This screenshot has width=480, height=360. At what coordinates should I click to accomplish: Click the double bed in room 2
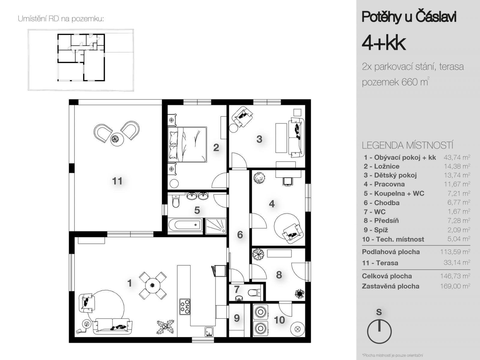[x=187, y=144]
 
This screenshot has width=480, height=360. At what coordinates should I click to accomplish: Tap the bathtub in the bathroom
[x=185, y=224]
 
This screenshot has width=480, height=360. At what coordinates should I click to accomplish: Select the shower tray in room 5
[x=216, y=226]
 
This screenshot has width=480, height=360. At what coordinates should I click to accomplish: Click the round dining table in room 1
[x=153, y=286]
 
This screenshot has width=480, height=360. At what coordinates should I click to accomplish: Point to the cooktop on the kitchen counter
[x=185, y=307]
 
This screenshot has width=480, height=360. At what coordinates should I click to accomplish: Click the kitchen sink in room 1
[x=209, y=331]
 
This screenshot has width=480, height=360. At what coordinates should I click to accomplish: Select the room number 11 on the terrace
[x=117, y=181]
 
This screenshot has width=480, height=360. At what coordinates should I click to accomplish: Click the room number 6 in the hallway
[x=240, y=235]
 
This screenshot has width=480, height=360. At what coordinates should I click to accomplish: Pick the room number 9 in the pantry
[x=237, y=318]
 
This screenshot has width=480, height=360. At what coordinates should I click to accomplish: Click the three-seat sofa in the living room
[x=112, y=326]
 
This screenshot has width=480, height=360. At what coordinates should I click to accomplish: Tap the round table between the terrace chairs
[x=117, y=139]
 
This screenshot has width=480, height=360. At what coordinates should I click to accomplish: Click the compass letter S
[x=379, y=312]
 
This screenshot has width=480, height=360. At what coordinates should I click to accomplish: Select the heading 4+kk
[x=384, y=43]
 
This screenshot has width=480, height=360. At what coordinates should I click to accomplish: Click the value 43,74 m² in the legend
[x=457, y=157]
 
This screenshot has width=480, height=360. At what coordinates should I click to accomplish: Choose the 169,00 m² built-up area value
[x=455, y=286]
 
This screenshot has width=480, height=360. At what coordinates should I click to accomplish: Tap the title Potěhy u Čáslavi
[x=409, y=16]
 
